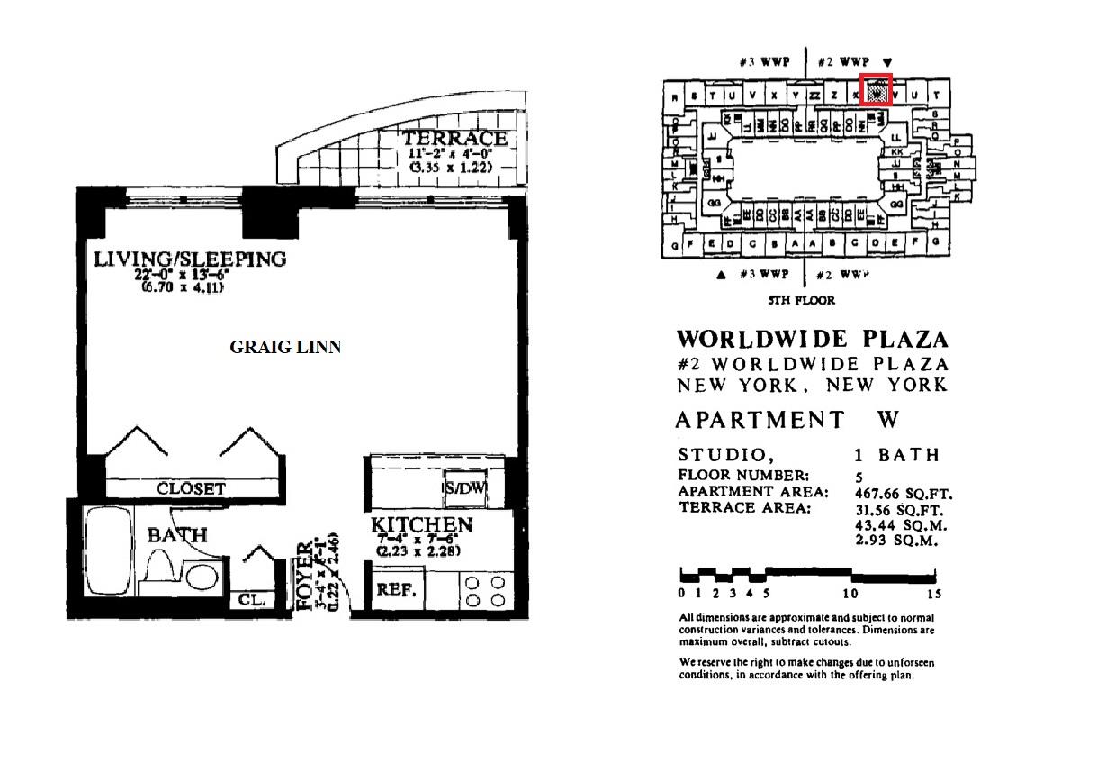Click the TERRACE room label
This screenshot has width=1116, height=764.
coord(455,139)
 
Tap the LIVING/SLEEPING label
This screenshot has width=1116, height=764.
coord(190,259)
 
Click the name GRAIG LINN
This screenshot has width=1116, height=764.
coord(285,347)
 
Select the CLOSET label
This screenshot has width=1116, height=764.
coord(191,489)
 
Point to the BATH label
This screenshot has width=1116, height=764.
coord(177,535)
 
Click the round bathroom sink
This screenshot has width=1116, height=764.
coord(205,576)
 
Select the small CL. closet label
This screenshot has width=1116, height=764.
coord(245,600)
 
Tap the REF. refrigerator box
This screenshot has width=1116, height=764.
coord(394,590)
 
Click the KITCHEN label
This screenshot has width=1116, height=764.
coord(422,525)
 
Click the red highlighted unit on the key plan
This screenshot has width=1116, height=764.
coord(876,90)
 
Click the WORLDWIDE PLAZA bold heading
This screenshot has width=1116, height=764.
coord(812,340)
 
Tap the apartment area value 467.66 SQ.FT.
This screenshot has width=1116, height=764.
coord(903,493)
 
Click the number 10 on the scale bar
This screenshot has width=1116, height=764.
coord(850,594)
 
